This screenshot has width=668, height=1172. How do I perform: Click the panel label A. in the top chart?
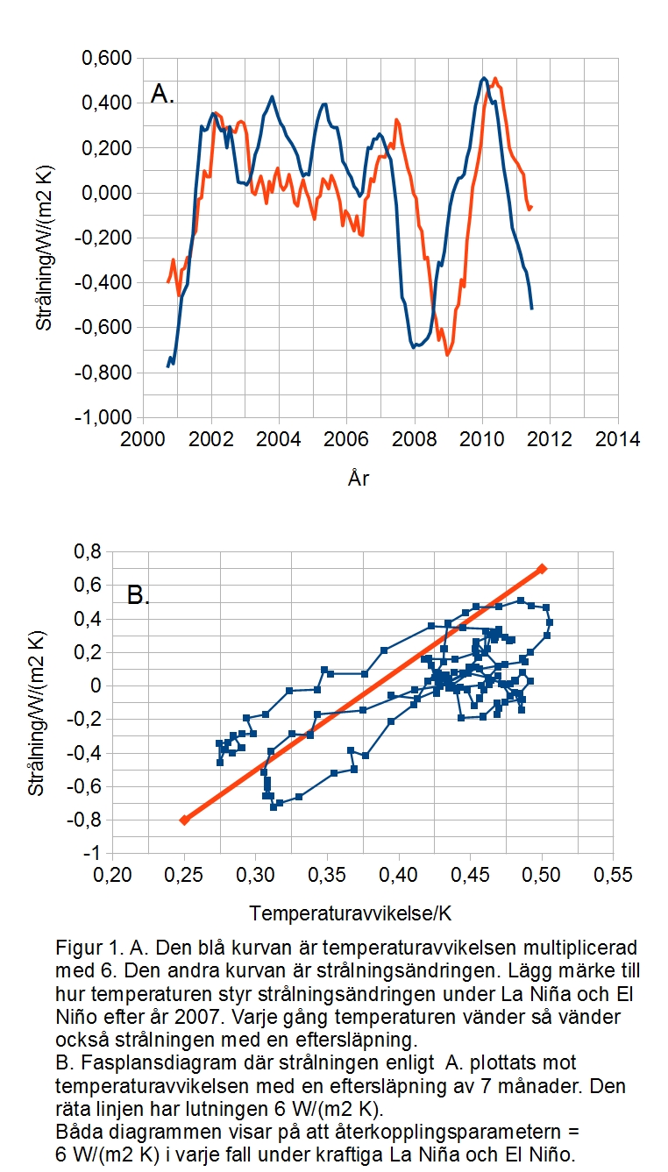[x=162, y=94]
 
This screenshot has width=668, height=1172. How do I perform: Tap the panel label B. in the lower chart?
[x=139, y=596]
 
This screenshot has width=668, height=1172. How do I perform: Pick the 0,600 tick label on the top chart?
[x=106, y=59]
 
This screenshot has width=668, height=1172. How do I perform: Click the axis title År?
[x=357, y=478]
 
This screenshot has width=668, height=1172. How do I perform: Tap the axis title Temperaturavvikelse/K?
[x=351, y=913]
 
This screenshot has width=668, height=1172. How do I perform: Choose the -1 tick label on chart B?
[x=121, y=854]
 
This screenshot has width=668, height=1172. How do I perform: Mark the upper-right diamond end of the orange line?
[x=542, y=569]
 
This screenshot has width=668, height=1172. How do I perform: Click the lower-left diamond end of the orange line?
[x=184, y=820]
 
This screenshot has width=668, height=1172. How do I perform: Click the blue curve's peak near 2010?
[x=484, y=78]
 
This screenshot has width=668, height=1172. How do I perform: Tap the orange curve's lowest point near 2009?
[x=447, y=354]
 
